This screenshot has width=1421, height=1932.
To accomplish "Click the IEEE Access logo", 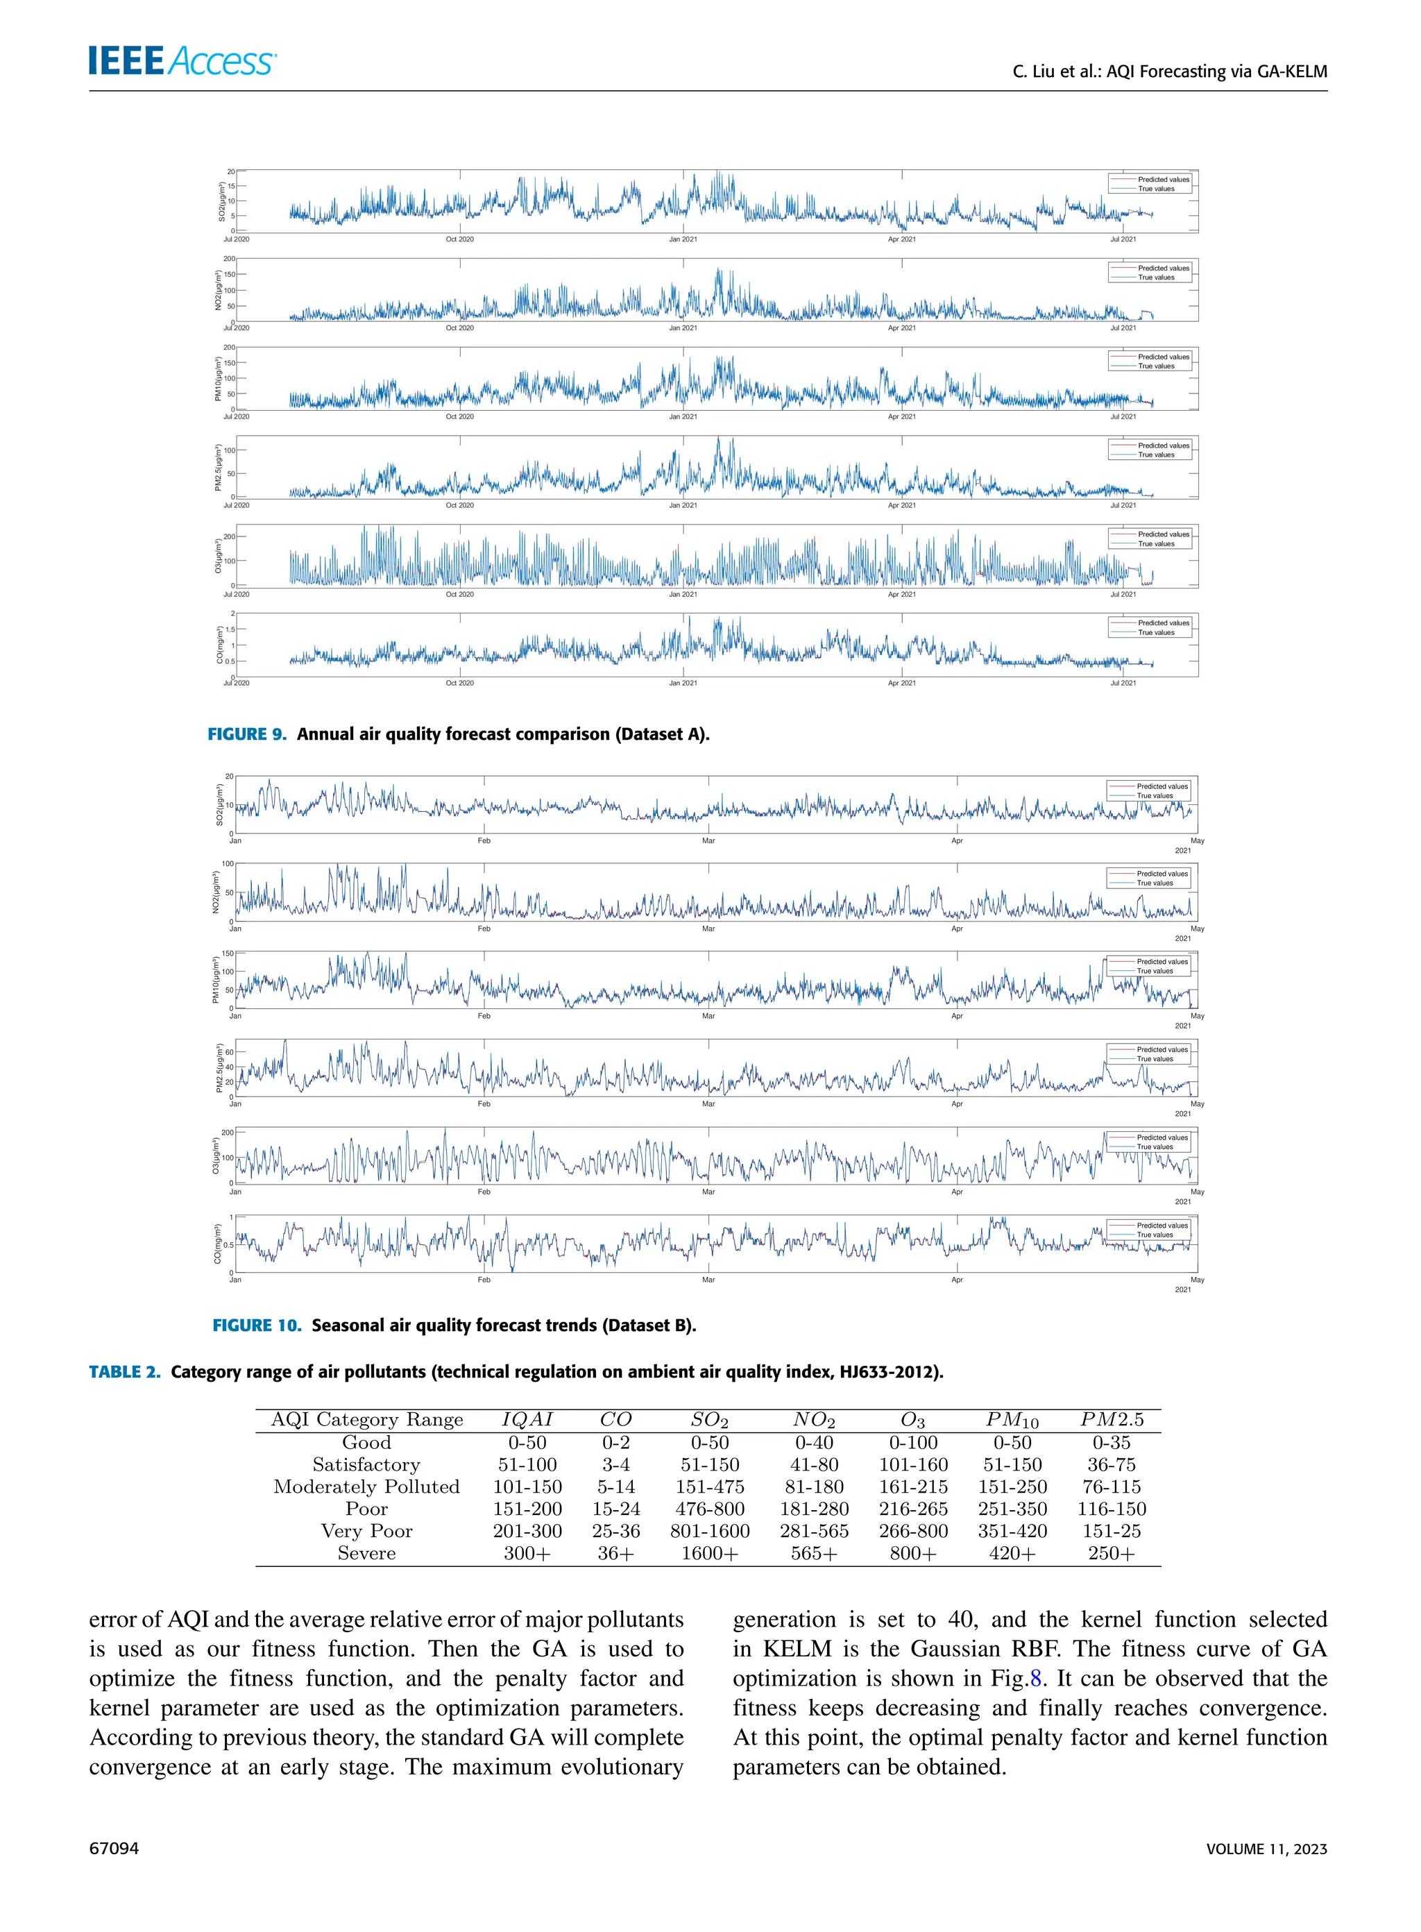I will [182, 60].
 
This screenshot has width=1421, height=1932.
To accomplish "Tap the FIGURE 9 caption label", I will [246, 734].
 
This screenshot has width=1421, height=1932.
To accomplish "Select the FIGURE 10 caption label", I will [256, 1325].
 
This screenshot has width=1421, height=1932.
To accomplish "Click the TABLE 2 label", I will [125, 1371].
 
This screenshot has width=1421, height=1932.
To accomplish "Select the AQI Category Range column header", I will [366, 1419].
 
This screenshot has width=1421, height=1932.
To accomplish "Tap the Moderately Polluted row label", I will [366, 1486].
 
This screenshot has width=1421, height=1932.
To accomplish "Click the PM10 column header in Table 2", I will [1012, 1420].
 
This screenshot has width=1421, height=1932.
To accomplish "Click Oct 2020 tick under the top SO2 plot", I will [459, 239].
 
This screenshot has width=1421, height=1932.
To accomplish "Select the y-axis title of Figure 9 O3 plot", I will [219, 557].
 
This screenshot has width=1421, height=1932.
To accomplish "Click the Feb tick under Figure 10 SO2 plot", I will [484, 840].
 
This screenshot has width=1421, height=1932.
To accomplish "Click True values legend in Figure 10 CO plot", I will [1155, 1235].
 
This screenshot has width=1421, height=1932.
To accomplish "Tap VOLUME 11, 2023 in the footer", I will [1266, 1848].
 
